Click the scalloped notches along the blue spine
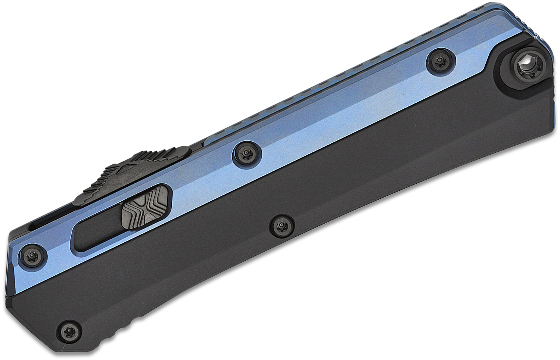click(336, 75)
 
